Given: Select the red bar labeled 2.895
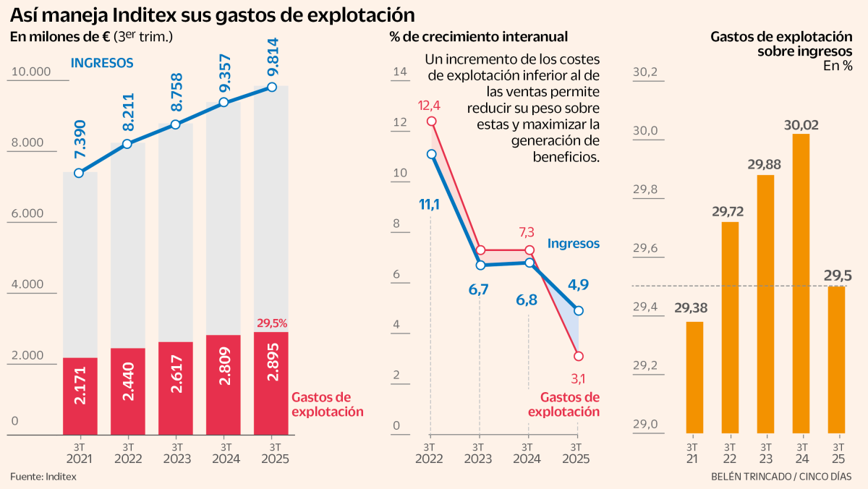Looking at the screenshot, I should [x=271, y=383].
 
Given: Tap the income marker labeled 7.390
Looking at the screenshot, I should [x=79, y=173].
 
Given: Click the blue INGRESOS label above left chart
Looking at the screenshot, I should [x=101, y=63].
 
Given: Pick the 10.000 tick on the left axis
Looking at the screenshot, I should [x=30, y=72].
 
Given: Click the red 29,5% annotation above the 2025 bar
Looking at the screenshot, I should [x=272, y=323].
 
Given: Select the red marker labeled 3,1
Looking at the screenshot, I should [x=578, y=356].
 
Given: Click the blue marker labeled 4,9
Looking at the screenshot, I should [x=578, y=310].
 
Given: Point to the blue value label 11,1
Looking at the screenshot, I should [x=430, y=205].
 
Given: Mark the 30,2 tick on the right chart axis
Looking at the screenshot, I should [x=645, y=72].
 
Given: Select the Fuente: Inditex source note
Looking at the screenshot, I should [x=43, y=476].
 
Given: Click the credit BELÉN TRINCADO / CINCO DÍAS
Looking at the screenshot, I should [x=781, y=476].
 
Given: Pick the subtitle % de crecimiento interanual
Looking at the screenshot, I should [x=478, y=37].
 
